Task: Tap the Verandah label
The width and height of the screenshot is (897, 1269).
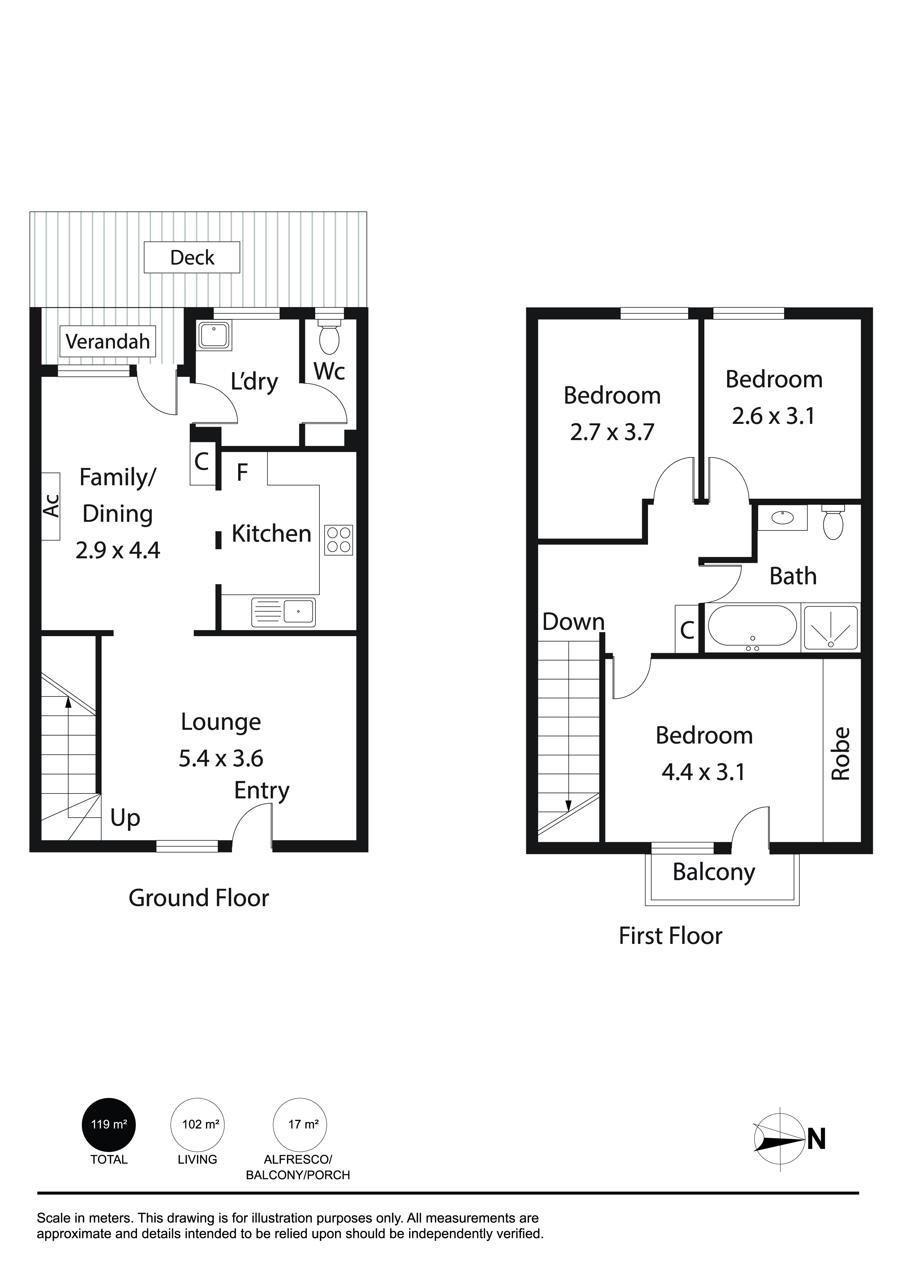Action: (108, 341)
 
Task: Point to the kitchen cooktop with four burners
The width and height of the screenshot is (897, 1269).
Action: (339, 540)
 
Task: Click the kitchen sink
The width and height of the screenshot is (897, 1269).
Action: (283, 612)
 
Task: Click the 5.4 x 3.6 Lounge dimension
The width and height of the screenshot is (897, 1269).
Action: (221, 758)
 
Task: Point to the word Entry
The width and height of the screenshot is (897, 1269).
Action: (261, 791)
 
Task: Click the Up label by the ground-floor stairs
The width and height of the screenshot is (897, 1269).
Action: (125, 818)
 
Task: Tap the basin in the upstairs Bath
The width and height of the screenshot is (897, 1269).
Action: (782, 517)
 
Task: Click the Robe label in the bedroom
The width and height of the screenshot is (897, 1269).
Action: (840, 753)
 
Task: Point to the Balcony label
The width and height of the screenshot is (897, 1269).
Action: (714, 873)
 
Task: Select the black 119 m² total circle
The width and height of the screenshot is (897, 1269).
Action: (109, 1124)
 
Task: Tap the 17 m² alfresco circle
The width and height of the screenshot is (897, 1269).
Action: (300, 1124)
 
